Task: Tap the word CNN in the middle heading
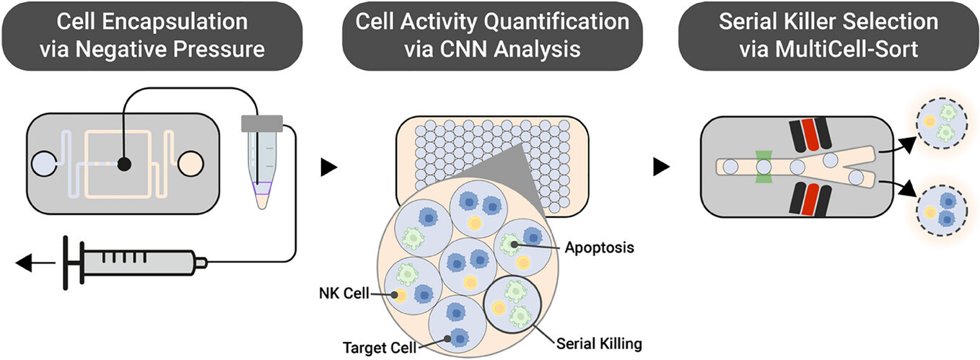pos(464,49)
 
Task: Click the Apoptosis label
pos(599,247)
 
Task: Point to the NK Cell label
pos(344,293)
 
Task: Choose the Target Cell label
pos(380,348)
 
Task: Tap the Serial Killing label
pos(599,344)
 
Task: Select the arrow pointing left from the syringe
pos(35,263)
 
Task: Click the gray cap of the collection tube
pos(262,123)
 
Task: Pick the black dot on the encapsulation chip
pos(124,164)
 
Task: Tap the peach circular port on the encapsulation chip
pos(191,164)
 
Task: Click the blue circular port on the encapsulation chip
pos(44,164)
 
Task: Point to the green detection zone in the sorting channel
pos(764,167)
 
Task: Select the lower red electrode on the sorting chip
pos(810,199)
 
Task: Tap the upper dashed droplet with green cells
pos(942,122)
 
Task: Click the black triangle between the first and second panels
pos(329,167)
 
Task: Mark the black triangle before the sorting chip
pos(662,167)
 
